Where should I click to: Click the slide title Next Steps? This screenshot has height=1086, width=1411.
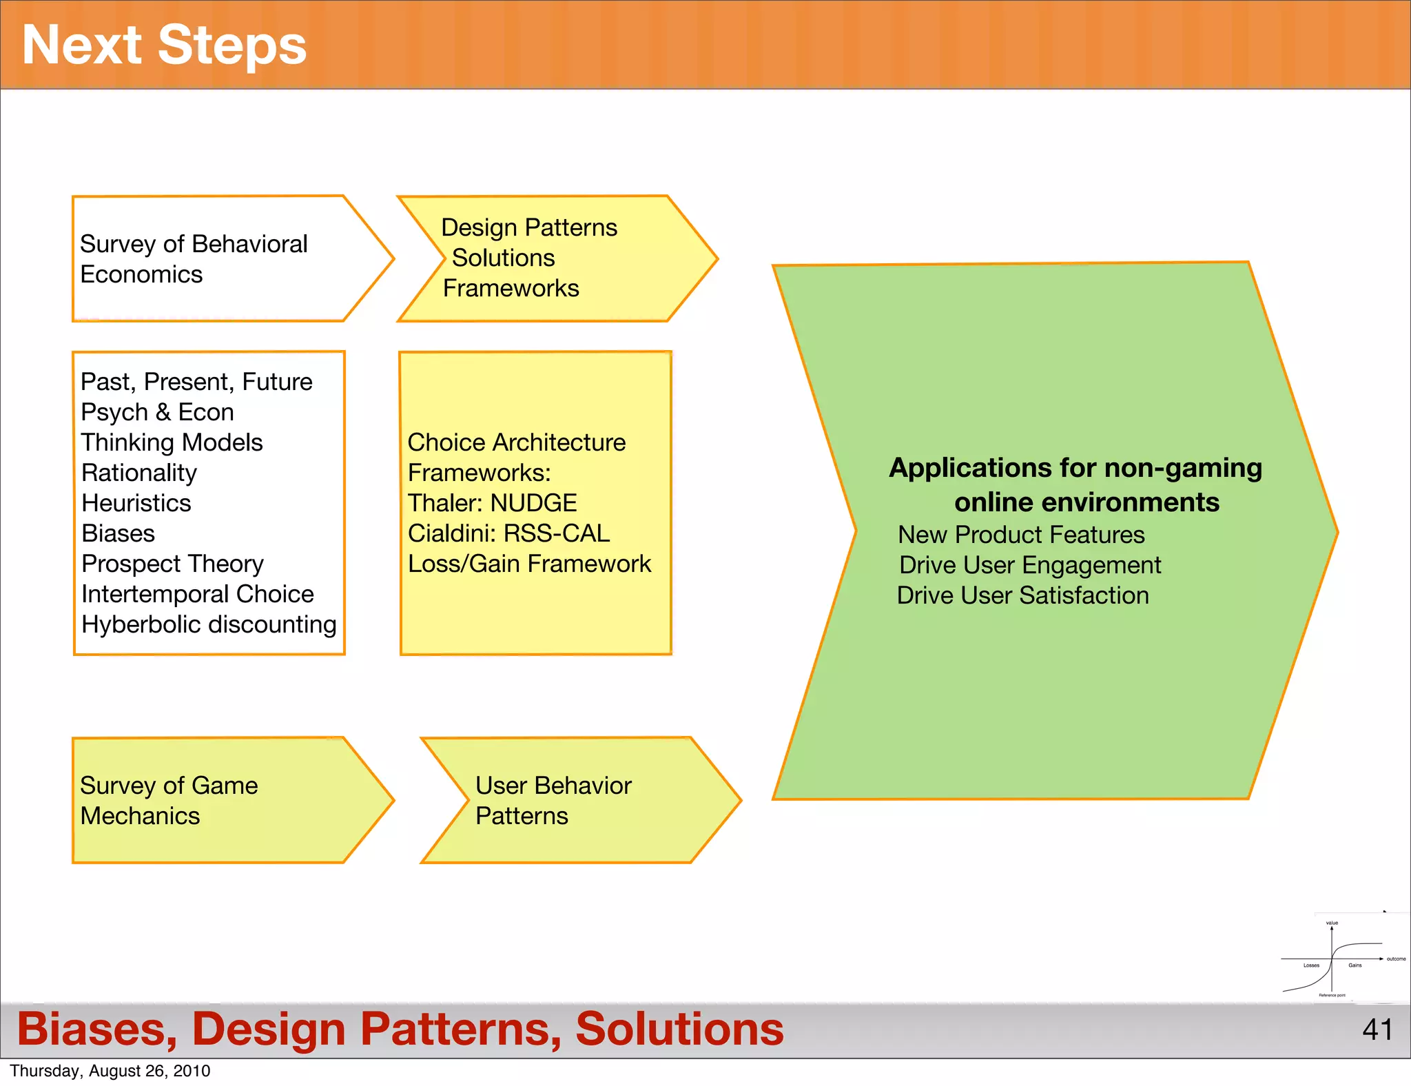pyautogui.click(x=164, y=45)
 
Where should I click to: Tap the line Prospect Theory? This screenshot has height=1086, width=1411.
pyautogui.click(x=172, y=564)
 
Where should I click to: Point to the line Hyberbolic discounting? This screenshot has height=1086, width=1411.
pyautogui.click(x=209, y=624)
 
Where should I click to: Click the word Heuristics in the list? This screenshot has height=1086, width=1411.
pyautogui.click(x=136, y=503)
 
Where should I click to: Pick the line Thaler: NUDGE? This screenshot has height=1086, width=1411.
pyautogui.click(x=492, y=503)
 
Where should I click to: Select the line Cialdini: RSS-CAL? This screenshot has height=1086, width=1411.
pyautogui.click(x=508, y=533)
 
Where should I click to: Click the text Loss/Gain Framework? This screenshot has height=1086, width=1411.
pyautogui.click(x=529, y=564)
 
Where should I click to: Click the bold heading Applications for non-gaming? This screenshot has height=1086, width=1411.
pyautogui.click(x=1075, y=468)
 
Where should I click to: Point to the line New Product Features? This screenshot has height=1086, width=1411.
pyautogui.click(x=1021, y=535)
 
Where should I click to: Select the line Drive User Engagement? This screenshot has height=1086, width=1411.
pyautogui.click(x=1030, y=565)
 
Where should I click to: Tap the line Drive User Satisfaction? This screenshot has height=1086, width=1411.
pyautogui.click(x=1022, y=595)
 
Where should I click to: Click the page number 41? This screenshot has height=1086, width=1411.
pyautogui.click(x=1377, y=1030)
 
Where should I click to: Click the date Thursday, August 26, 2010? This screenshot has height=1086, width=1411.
pyautogui.click(x=110, y=1071)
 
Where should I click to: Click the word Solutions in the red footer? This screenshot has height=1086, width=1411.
pyautogui.click(x=679, y=1029)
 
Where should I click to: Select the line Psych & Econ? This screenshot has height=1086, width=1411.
pyautogui.click(x=157, y=412)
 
